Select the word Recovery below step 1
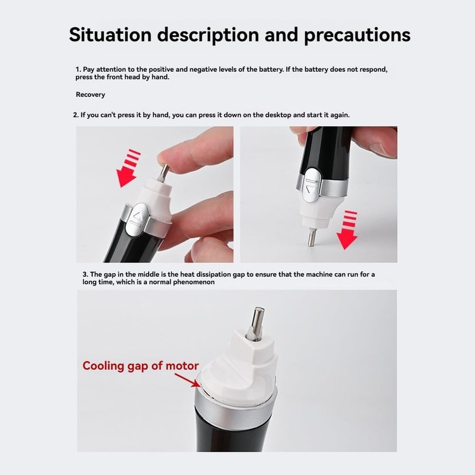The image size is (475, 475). pyautogui.click(x=90, y=94)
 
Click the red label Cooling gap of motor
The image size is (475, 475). pyautogui.click(x=140, y=366)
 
